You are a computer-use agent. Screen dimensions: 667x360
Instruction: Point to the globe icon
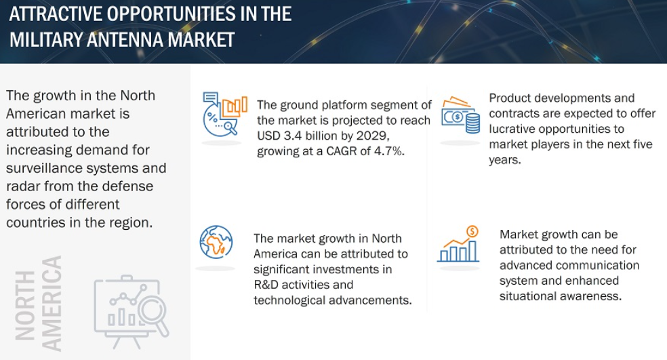216,242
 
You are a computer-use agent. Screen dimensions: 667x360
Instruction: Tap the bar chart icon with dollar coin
458,244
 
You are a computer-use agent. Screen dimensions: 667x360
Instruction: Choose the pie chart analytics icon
224,114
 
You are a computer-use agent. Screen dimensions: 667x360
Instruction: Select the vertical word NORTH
25,305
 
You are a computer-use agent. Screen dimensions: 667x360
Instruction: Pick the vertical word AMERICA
52,304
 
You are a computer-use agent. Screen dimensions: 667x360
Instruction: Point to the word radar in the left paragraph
22,186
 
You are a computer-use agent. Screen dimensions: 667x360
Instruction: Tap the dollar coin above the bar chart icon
472,231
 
